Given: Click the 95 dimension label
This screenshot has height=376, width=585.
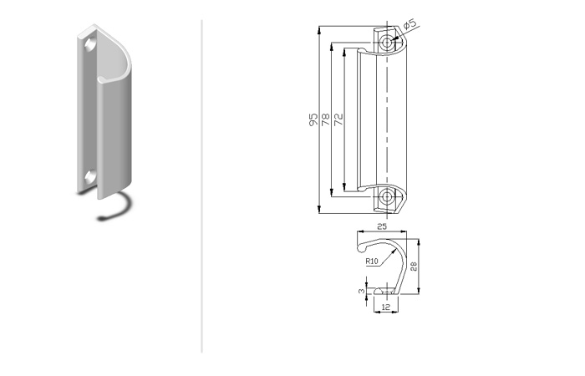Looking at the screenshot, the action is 313,119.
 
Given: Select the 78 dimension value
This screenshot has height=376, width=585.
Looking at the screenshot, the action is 326,119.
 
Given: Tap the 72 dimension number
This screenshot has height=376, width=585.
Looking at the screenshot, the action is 338,119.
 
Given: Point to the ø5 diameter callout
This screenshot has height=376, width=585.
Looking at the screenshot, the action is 409,24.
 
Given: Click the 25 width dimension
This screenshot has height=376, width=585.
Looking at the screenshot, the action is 382,226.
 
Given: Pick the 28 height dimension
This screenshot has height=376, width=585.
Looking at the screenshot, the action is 414,267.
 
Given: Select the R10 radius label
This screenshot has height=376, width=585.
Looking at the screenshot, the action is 372,261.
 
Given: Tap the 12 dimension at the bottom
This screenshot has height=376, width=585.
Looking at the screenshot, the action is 386,307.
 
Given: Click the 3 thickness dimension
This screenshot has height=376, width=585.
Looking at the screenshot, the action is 362,291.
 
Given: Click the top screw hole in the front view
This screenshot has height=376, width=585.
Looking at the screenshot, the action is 387,42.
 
